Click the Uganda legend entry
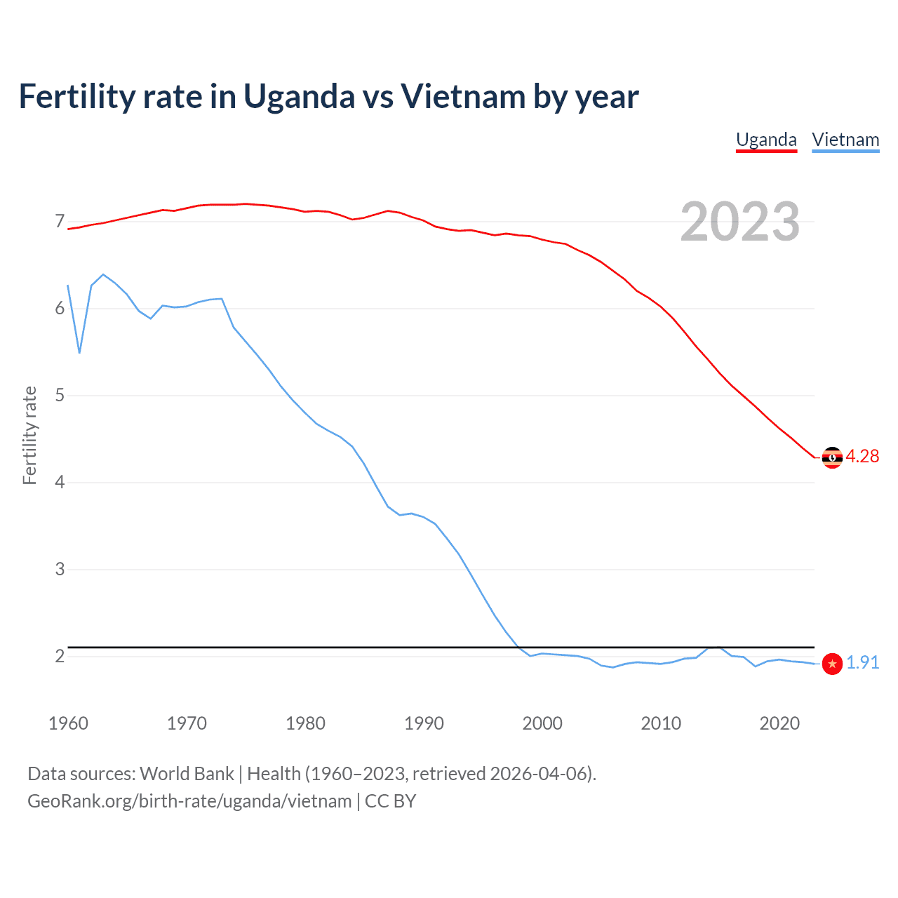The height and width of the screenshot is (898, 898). pyautogui.click(x=766, y=140)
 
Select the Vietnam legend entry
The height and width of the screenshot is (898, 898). pyautogui.click(x=845, y=140)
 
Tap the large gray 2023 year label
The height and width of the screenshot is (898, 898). pyautogui.click(x=740, y=222)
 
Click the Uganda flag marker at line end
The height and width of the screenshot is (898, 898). pyautogui.click(x=832, y=457)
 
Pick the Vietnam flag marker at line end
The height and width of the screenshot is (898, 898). pyautogui.click(x=832, y=663)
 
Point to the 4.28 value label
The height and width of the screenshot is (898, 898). pyautogui.click(x=862, y=457)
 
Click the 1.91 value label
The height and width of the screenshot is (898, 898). pyautogui.click(x=862, y=663)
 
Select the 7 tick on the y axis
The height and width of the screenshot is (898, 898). pyautogui.click(x=60, y=222)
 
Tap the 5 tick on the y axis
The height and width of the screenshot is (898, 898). pyautogui.click(x=60, y=396)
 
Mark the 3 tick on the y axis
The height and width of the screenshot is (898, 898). pyautogui.click(x=60, y=570)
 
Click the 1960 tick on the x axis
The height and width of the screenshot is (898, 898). pyautogui.click(x=68, y=723)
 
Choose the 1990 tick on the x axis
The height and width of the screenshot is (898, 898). pyautogui.click(x=424, y=723)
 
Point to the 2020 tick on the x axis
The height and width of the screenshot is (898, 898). pyautogui.click(x=779, y=723)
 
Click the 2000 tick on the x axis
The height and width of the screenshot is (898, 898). pyautogui.click(x=542, y=723)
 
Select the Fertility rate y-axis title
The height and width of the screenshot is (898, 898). pyautogui.click(x=29, y=435)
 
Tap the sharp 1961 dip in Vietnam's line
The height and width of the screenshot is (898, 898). pyautogui.click(x=79, y=352)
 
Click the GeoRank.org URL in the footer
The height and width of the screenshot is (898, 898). pyautogui.click(x=189, y=801)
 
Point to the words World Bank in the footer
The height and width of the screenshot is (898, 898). pyautogui.click(x=187, y=774)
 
